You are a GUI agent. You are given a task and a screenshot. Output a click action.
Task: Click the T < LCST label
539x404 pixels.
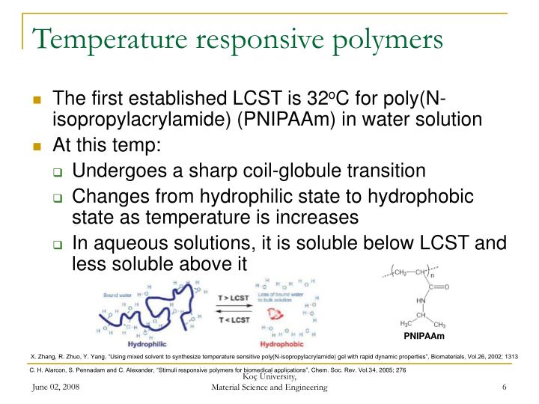point(235,321)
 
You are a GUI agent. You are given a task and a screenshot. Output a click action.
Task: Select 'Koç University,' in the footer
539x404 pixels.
point(269,379)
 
